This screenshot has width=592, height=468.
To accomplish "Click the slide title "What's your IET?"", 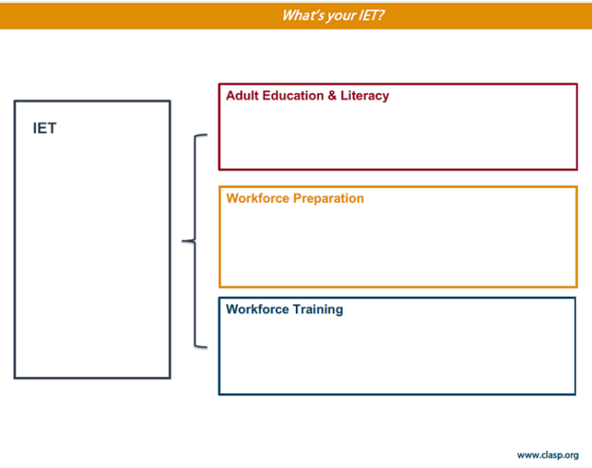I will pyautogui.click(x=333, y=15).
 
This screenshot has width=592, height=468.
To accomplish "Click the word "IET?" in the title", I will pyautogui.click(x=372, y=15).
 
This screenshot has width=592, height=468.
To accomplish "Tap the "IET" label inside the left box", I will pyautogui.click(x=45, y=129).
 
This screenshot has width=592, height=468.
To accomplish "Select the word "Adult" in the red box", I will pyautogui.click(x=242, y=96).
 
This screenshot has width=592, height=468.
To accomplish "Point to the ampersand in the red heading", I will pyautogui.click(x=331, y=96).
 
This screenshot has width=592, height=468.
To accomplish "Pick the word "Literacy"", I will pyautogui.click(x=365, y=96).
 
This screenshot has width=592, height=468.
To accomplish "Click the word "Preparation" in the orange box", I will pyautogui.click(x=325, y=198).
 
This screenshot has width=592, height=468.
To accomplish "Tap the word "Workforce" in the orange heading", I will pyautogui.click(x=254, y=198).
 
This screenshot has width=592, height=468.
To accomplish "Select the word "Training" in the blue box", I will pyautogui.click(x=318, y=309).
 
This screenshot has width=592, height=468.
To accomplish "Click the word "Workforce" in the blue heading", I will pyautogui.click(x=254, y=309).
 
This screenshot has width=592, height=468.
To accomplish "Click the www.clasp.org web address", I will pyautogui.click(x=547, y=455).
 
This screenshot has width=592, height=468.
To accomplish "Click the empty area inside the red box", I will pyautogui.click(x=398, y=137).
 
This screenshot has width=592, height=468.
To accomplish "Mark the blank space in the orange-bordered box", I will pyautogui.click(x=398, y=247).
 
